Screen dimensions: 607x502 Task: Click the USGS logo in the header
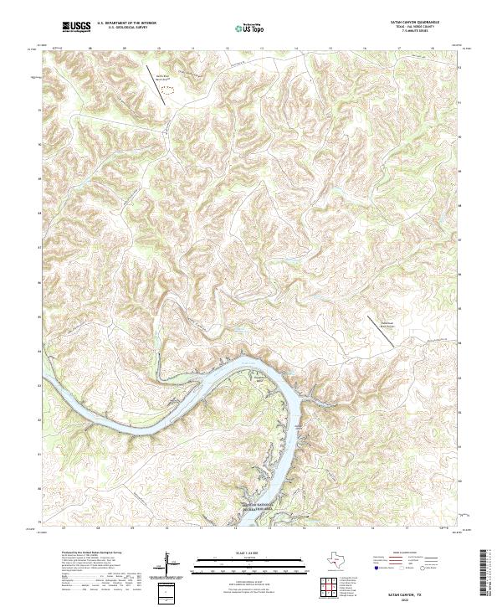[76, 27]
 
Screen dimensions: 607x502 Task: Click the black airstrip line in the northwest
[156, 84]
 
